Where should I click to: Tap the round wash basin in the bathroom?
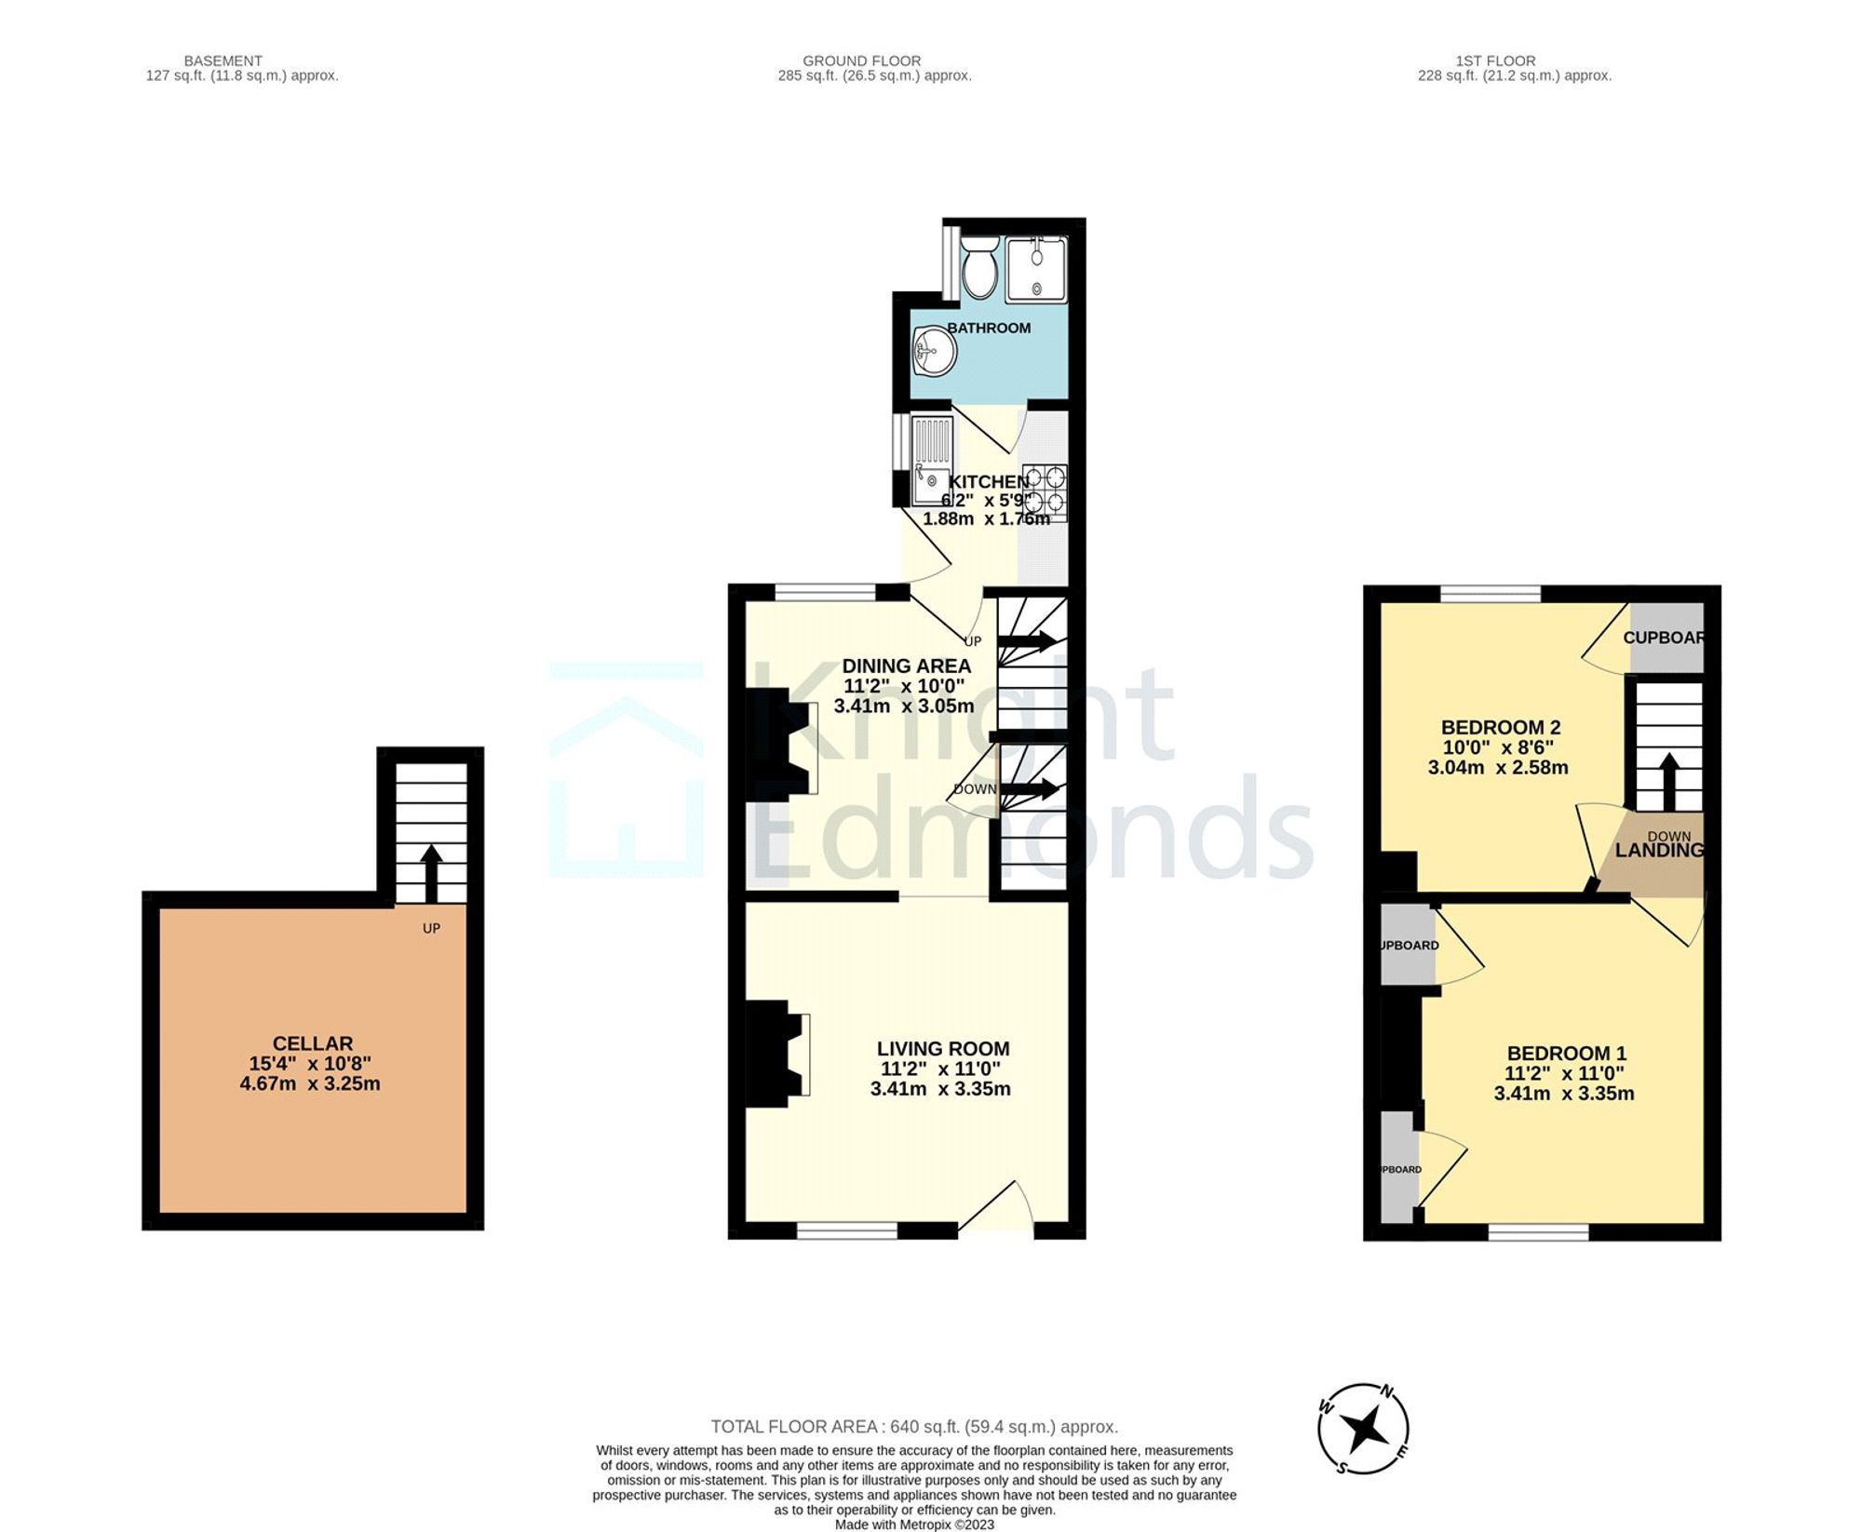pos(934,352)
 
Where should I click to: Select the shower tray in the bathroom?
pos(1035,269)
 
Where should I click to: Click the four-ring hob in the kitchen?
pos(1045,492)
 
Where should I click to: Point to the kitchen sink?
pos(931,462)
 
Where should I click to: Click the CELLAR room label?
pos(312,1043)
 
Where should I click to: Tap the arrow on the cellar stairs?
pos(431,872)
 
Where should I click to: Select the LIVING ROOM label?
pos(942,1048)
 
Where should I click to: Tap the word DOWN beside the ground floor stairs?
pos(975,789)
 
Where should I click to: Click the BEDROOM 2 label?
pos(1500,727)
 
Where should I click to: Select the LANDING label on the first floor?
pos(1658,850)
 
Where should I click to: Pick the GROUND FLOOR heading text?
pos(861,60)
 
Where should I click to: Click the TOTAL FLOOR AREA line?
pos(913,1427)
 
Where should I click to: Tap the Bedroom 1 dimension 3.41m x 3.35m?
pos(1563,1094)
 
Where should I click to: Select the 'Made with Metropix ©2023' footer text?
pos(913,1525)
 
